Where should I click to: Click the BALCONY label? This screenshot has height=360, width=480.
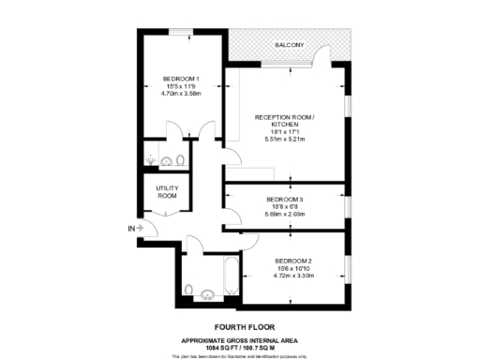pos(290,45)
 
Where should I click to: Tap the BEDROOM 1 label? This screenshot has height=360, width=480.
pos(180,78)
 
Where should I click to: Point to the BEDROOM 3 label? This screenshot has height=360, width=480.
pos(285,199)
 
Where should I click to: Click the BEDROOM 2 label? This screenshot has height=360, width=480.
pos(293,260)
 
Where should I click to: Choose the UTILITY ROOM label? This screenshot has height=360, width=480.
pos(166,191)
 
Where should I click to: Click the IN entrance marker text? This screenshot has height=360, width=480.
pos(130,228)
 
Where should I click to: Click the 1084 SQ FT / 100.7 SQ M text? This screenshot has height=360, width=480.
pos(239,346)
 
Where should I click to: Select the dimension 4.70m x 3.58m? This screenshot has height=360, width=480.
pos(180,94)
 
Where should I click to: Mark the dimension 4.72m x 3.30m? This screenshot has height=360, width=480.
pos(293,276)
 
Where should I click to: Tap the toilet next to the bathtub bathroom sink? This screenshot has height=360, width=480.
pos(190,288)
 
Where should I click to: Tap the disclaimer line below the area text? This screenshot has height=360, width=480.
pos(239,356)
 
